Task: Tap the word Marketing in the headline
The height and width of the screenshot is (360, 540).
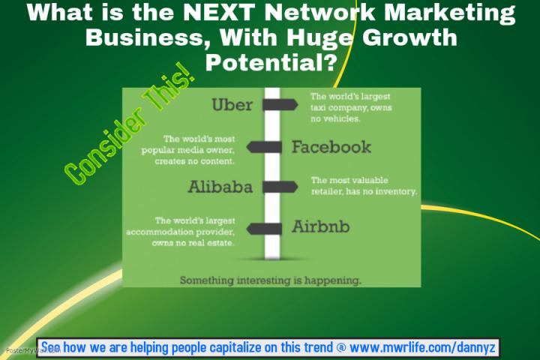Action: coord(450,13)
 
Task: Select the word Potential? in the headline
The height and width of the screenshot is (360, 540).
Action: coord(271,63)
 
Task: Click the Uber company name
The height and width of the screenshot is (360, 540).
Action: coord(232,105)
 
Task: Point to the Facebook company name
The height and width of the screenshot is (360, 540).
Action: coord(331,147)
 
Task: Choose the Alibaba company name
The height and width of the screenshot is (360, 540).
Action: coord(220,187)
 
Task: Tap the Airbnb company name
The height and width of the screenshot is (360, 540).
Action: coord(321,226)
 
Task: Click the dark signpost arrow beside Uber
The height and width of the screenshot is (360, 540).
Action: coord(280,105)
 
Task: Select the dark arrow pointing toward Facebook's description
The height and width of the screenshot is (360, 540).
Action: coord(264,147)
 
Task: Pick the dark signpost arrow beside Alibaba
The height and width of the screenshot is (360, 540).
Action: coord(280,187)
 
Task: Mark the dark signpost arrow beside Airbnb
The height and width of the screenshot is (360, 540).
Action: coord(264,229)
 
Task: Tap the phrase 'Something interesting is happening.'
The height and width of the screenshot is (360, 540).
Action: coord(271,280)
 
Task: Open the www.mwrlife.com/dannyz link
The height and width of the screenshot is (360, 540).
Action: coord(422,347)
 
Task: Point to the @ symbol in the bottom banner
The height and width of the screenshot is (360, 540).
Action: coord(341,347)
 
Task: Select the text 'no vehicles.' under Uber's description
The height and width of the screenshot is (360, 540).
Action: coord(335,118)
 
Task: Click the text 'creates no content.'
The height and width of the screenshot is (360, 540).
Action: coord(194,161)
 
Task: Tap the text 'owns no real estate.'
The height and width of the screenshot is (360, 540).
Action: coord(193,243)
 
